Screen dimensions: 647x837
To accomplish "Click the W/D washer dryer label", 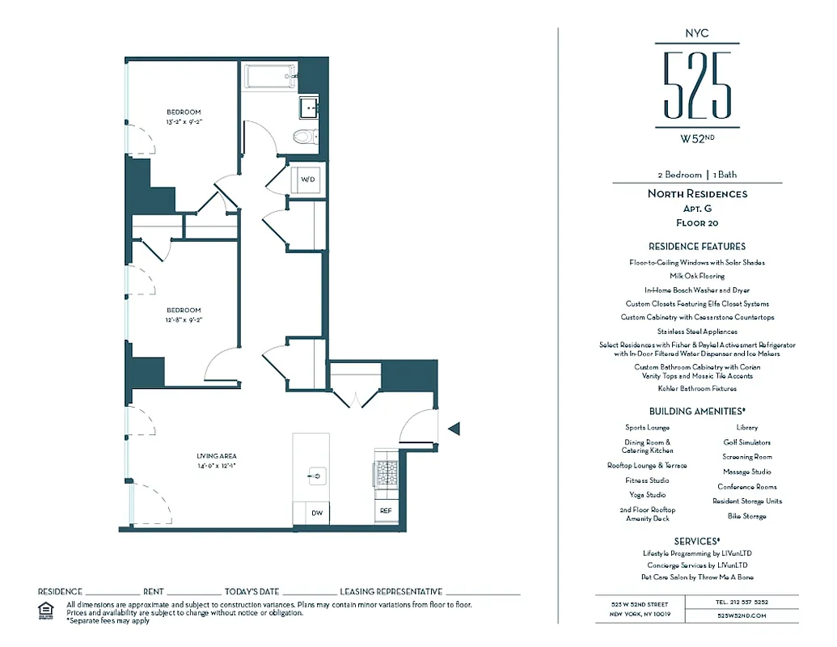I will [307, 180].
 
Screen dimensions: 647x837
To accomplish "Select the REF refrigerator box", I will [386, 511].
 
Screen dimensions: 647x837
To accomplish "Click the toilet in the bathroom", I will [305, 136].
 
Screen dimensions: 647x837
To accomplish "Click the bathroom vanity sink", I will [308, 107].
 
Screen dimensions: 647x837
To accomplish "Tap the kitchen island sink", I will [315, 477].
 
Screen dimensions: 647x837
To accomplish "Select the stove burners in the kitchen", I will [386, 472].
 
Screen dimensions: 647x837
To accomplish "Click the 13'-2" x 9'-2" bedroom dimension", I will [184, 122].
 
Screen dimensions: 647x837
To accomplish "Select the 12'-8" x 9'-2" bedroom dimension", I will [184, 320].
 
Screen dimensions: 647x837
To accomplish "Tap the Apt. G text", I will [696, 209].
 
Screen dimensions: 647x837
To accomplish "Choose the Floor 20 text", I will [696, 223].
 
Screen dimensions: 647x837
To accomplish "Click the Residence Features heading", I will [696, 247].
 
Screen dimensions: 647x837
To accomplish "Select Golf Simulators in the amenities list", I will [746, 442].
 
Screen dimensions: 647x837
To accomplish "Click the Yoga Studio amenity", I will [647, 495].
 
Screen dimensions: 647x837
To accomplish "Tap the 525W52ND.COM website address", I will [741, 615].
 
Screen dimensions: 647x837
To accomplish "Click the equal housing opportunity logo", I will [47, 610].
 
